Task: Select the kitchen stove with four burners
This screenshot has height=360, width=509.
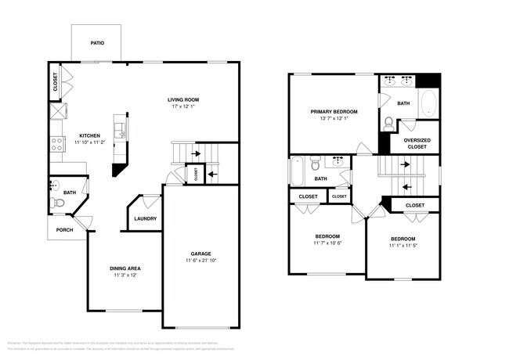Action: click(x=56, y=144)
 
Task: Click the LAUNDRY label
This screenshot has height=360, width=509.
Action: click(x=145, y=219)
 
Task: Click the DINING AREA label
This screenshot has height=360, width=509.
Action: click(x=125, y=269)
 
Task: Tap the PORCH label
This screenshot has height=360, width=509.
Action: click(x=64, y=230)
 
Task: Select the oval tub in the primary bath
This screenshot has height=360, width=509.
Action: click(x=428, y=104)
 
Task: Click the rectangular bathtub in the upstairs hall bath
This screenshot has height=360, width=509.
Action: click(x=297, y=169)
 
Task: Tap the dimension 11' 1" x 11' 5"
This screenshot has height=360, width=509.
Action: click(x=403, y=246)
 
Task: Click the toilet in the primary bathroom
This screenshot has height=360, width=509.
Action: click(x=389, y=123)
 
